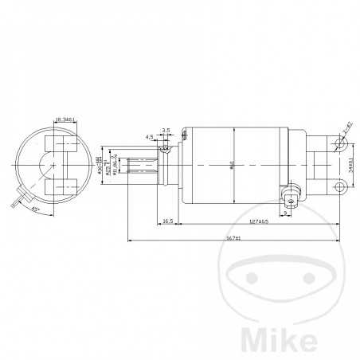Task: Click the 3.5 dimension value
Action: tap(165, 129)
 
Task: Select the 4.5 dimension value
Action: tap(149, 136)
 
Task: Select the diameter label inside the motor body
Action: tap(233, 165)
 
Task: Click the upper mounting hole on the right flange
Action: tap(341, 144)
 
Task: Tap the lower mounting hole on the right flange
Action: tap(340, 188)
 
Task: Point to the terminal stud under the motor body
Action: tap(292, 197)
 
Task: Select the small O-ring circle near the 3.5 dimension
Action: tap(164, 148)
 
